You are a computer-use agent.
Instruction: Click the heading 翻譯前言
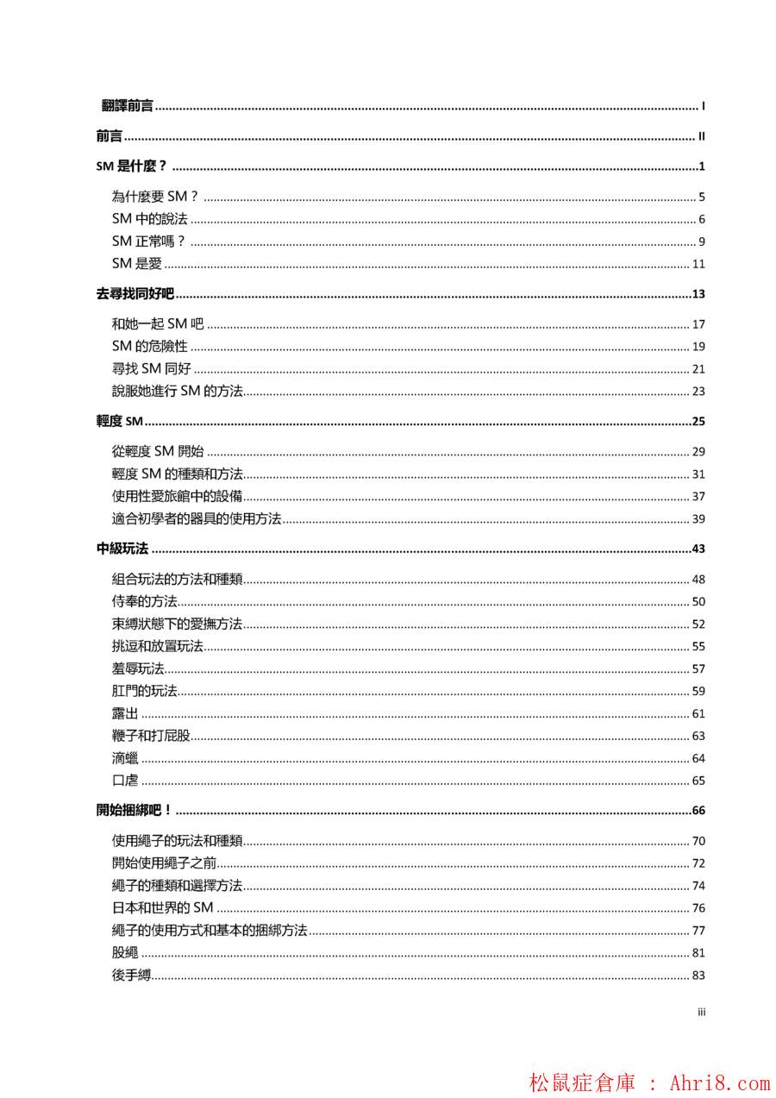(128, 106)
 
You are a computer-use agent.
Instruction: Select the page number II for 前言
(702, 136)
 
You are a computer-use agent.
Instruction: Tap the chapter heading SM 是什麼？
(131, 166)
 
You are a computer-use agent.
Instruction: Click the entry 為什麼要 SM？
(155, 197)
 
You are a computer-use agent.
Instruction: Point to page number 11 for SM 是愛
(698, 264)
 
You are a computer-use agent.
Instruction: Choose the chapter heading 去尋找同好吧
(135, 294)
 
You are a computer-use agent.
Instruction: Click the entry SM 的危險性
(149, 347)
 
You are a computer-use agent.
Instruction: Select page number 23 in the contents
(698, 392)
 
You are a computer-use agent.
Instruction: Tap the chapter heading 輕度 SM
(119, 422)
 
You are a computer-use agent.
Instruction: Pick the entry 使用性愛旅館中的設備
(177, 496)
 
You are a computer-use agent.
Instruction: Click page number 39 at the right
(698, 518)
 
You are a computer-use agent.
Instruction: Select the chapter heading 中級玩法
(122, 549)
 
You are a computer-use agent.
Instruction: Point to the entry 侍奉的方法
(144, 602)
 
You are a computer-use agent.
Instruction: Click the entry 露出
(125, 713)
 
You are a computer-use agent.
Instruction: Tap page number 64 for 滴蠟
(698, 758)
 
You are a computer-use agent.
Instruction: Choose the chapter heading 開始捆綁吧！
(135, 811)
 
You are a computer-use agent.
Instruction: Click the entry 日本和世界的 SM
(162, 907)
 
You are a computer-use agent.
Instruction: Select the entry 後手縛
(131, 975)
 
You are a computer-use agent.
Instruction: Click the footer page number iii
(702, 1013)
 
